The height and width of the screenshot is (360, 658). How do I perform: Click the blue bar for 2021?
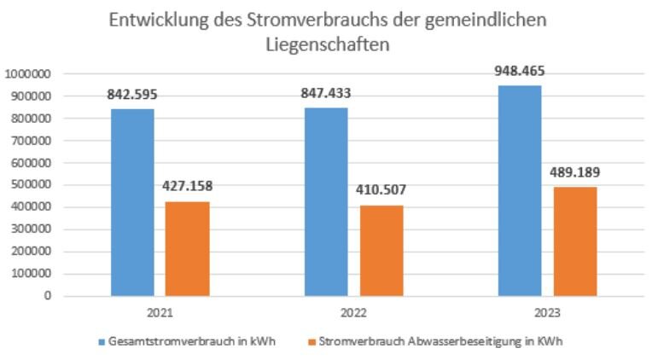(x=132, y=202)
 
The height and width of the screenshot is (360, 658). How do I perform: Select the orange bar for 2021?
(x=187, y=248)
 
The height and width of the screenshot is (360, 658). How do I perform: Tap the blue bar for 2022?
(x=326, y=201)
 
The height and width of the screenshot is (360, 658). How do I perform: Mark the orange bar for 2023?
(x=574, y=241)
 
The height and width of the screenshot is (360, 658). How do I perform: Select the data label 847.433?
(x=325, y=96)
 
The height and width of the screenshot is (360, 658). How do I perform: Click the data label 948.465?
(x=519, y=73)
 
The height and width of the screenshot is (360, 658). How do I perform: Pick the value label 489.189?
(x=573, y=173)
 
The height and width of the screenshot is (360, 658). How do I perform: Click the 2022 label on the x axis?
(x=352, y=312)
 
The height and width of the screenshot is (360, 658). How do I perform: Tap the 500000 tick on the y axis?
(x=32, y=185)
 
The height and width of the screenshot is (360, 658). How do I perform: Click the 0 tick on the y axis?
(x=49, y=297)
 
